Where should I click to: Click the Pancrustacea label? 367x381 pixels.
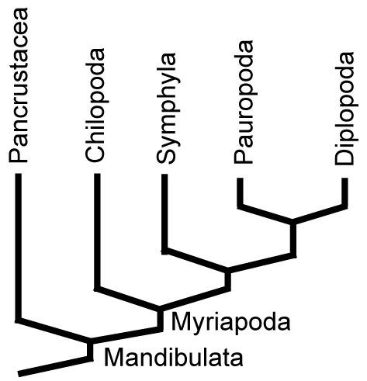pyautogui.click(x=18, y=86)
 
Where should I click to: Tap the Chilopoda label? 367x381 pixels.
pyautogui.click(x=95, y=106)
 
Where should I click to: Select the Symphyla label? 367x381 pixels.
pyautogui.click(x=167, y=109)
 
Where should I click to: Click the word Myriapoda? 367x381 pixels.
pyautogui.click(x=230, y=322)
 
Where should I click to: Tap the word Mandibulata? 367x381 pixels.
pyautogui.click(x=173, y=358)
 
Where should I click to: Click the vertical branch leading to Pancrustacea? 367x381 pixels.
pyautogui.click(x=18, y=247)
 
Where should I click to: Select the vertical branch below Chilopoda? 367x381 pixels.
pyautogui.click(x=97, y=231)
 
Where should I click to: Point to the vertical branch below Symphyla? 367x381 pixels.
pyautogui.click(x=164, y=213)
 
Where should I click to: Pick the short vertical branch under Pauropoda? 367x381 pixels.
pyautogui.click(x=241, y=192)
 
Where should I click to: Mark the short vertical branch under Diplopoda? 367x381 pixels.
pyautogui.click(x=344, y=192)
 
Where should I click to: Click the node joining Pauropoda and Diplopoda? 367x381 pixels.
pyautogui.click(x=293, y=222)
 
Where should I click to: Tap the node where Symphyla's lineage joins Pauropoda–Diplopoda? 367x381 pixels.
pyautogui.click(x=227, y=270)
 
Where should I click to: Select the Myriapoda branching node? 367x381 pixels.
pyautogui.click(x=160, y=309)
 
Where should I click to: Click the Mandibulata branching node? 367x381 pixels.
pyautogui.click(x=90, y=341)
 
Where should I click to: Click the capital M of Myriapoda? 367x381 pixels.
pyautogui.click(x=180, y=321)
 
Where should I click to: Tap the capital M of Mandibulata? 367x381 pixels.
pyautogui.click(x=113, y=358)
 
